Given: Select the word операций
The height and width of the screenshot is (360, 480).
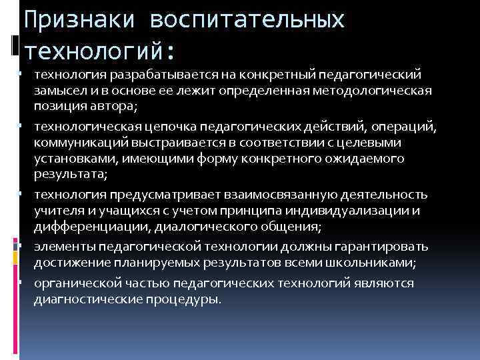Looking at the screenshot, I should pyautogui.click(x=393, y=126).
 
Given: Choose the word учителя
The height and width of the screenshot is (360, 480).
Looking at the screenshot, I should pyautogui.click(x=56, y=211).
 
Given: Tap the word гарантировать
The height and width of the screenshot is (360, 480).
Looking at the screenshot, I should pyautogui.click(x=382, y=247).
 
